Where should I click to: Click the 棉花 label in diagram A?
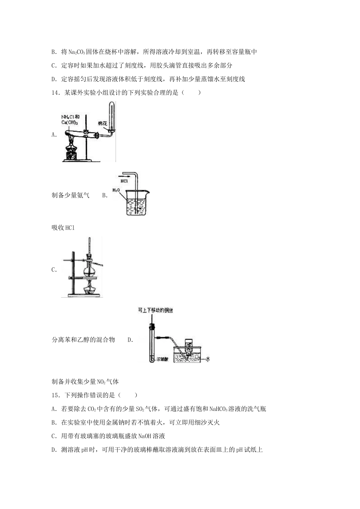103,123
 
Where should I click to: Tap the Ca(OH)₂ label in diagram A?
70,123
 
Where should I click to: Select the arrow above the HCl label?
124,176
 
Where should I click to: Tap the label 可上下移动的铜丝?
155,311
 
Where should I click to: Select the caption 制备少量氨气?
70,195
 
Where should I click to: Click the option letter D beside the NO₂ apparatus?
130,340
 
